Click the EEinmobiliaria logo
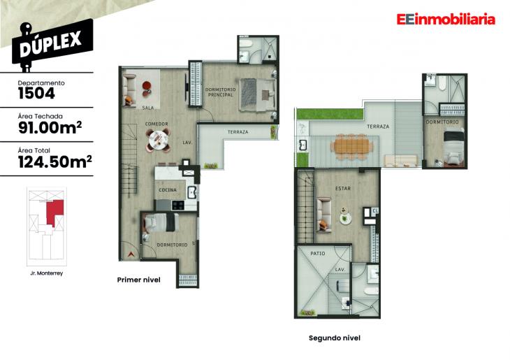[445, 20]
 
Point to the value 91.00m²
[47, 127]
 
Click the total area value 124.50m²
[54, 162]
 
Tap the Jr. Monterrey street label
[47, 273]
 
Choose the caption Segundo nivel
[334, 338]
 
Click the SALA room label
[148, 108]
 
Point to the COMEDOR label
[156, 124]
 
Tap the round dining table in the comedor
[159, 141]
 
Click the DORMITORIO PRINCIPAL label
[220, 92]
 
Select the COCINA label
[167, 190]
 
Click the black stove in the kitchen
[177, 205]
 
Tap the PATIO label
[318, 253]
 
